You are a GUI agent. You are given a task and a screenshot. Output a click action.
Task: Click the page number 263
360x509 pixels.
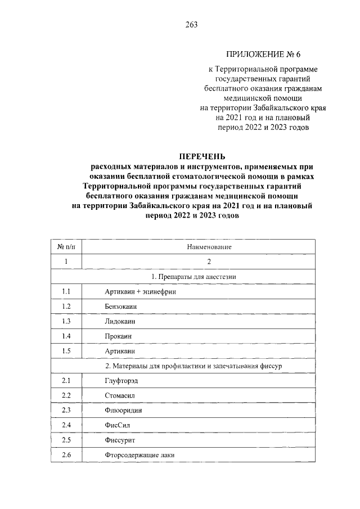(x=190, y=24)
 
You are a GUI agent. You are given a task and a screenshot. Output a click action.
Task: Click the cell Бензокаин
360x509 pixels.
(x=121, y=307)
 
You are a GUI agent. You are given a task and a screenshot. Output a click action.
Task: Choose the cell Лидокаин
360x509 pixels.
(x=120, y=321)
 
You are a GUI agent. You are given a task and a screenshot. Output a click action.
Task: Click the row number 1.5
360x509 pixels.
(x=66, y=351)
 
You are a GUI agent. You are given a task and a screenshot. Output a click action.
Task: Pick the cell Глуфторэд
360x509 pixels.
(x=121, y=381)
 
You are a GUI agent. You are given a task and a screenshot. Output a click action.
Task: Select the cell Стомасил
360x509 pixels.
(x=120, y=395)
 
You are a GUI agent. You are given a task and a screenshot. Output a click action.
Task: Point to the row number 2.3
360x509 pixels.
(x=66, y=410)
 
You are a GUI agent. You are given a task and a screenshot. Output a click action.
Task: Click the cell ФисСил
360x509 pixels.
(x=117, y=425)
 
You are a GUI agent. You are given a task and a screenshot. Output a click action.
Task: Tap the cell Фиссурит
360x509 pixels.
(x=120, y=439)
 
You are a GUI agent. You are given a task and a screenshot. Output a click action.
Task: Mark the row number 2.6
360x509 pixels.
(x=66, y=454)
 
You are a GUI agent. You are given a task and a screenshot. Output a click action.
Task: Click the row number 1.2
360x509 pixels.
(x=66, y=307)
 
